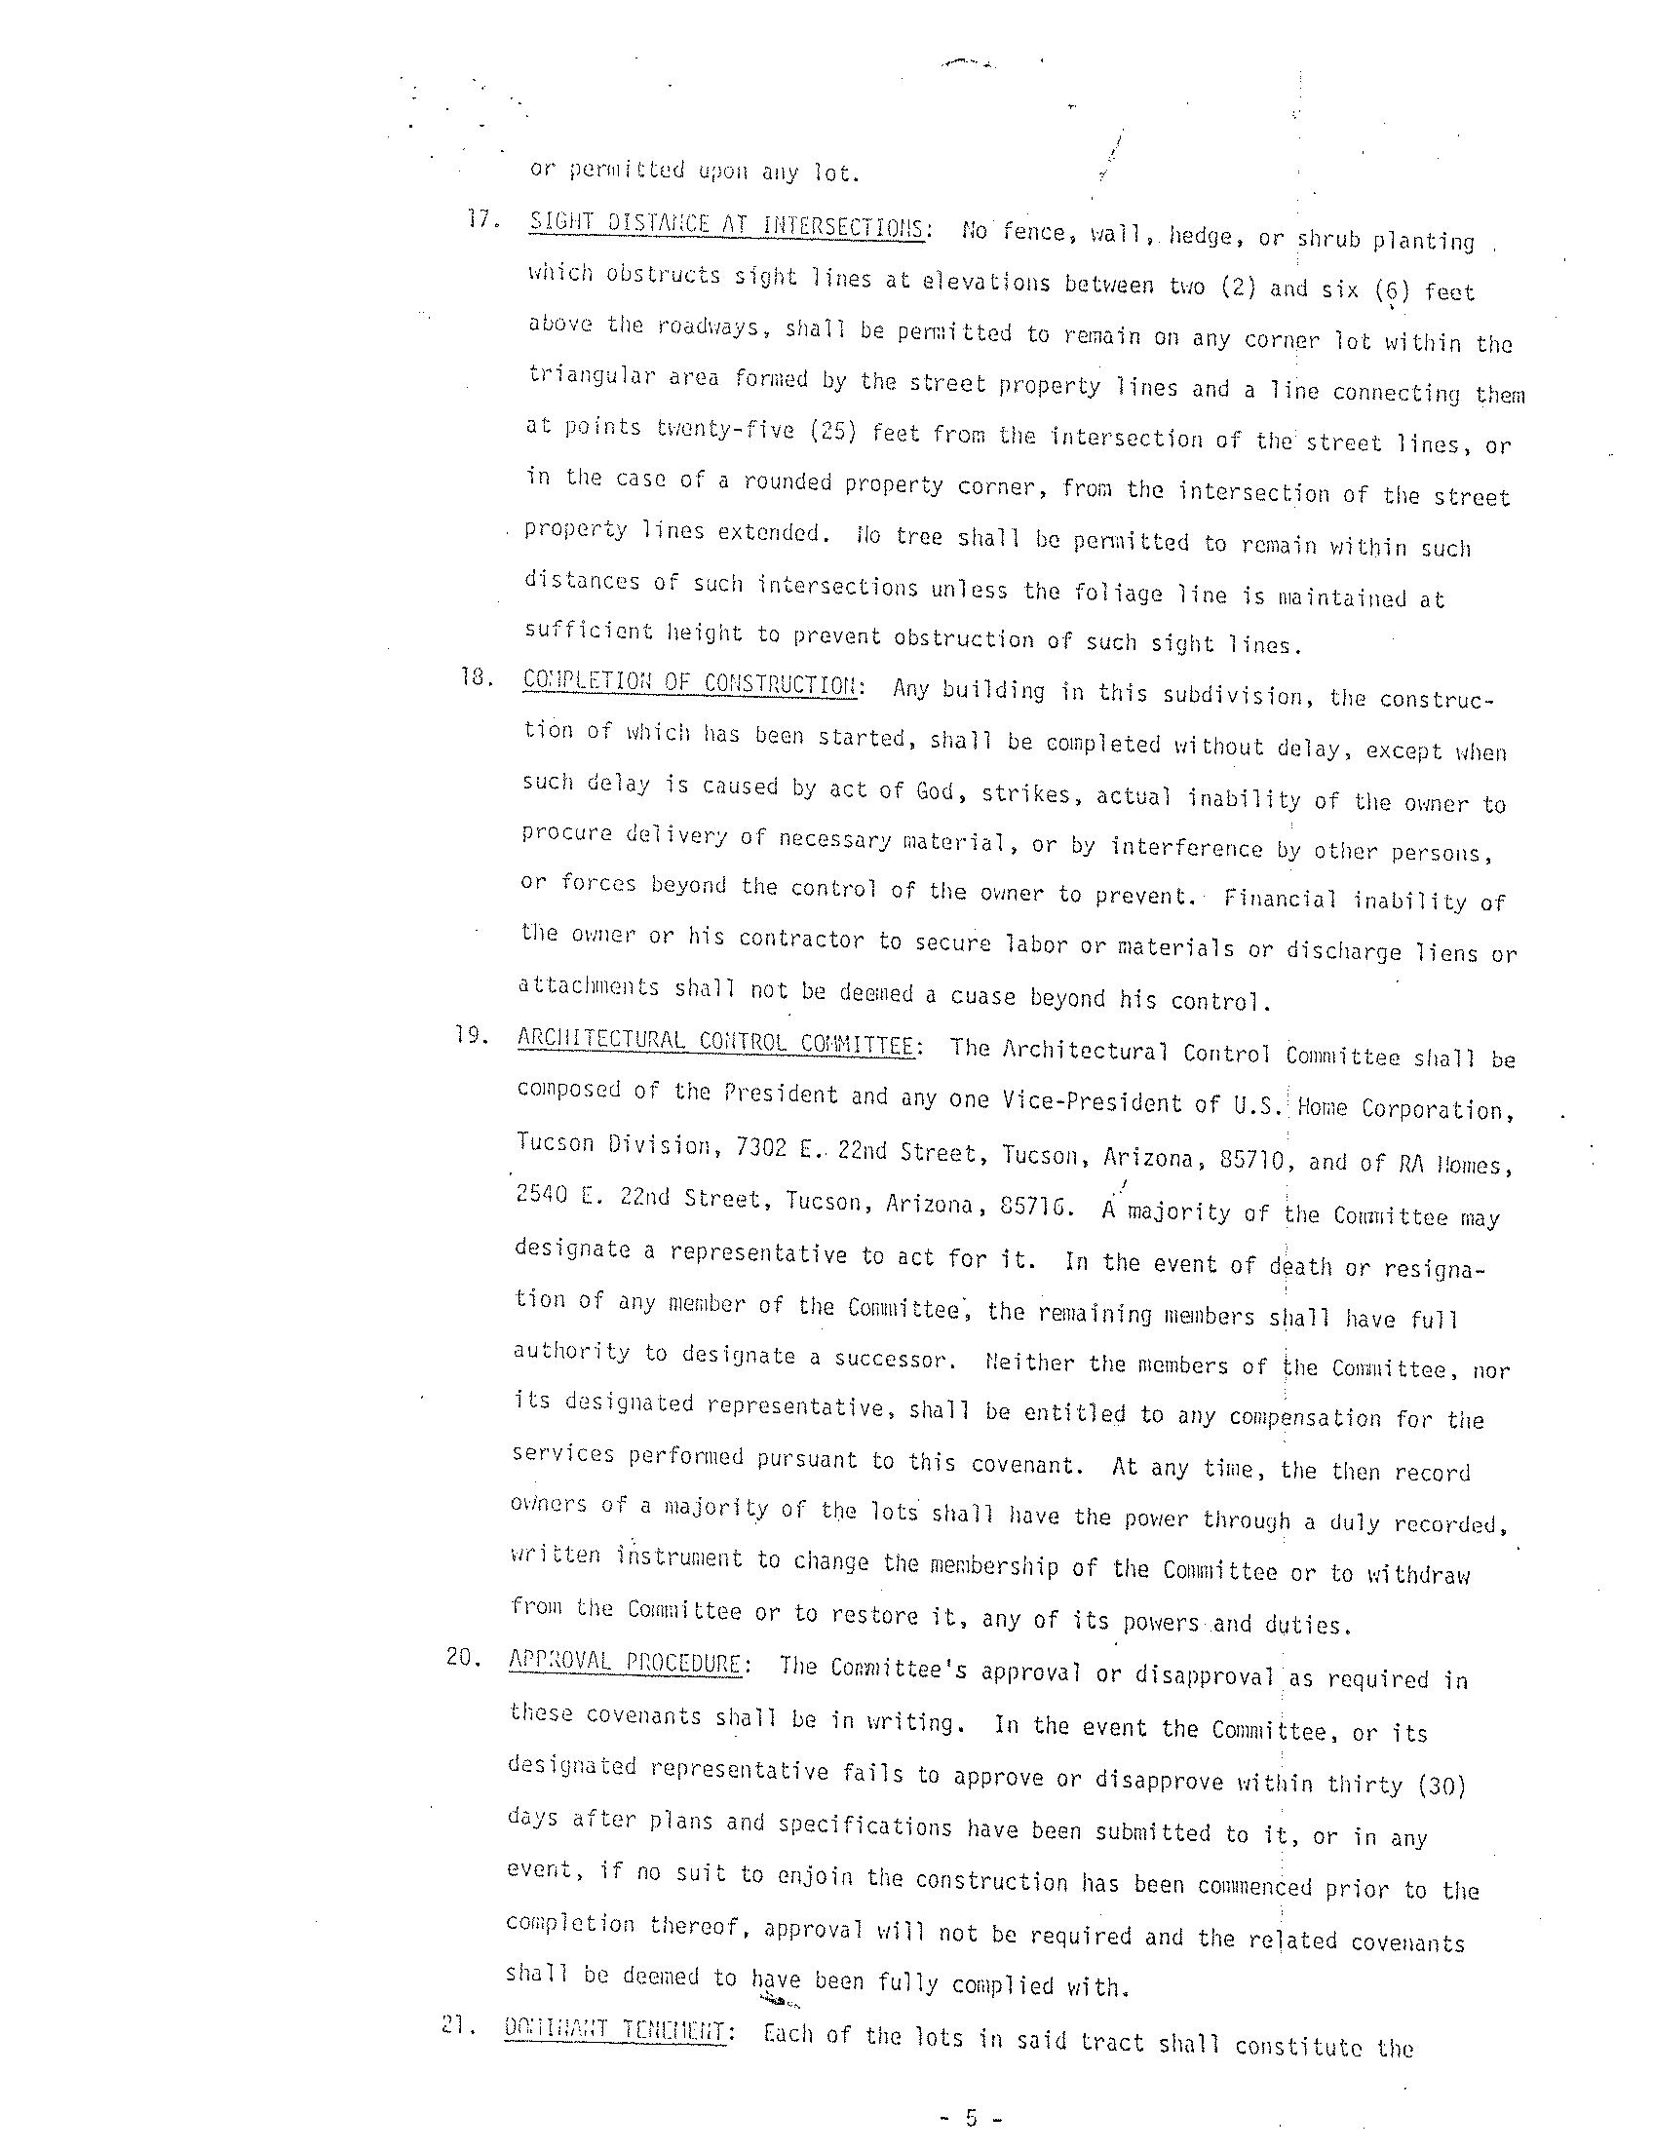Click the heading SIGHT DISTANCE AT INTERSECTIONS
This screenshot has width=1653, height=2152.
[x=725, y=226]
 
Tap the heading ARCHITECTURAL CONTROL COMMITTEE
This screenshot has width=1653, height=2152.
[x=715, y=1041]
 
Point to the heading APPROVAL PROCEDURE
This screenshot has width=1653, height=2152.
[x=624, y=1662]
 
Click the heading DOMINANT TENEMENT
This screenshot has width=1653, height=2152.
[x=614, y=2030]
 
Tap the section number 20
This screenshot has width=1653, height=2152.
[x=461, y=1656]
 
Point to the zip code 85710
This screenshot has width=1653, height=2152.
[x=1251, y=1159]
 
